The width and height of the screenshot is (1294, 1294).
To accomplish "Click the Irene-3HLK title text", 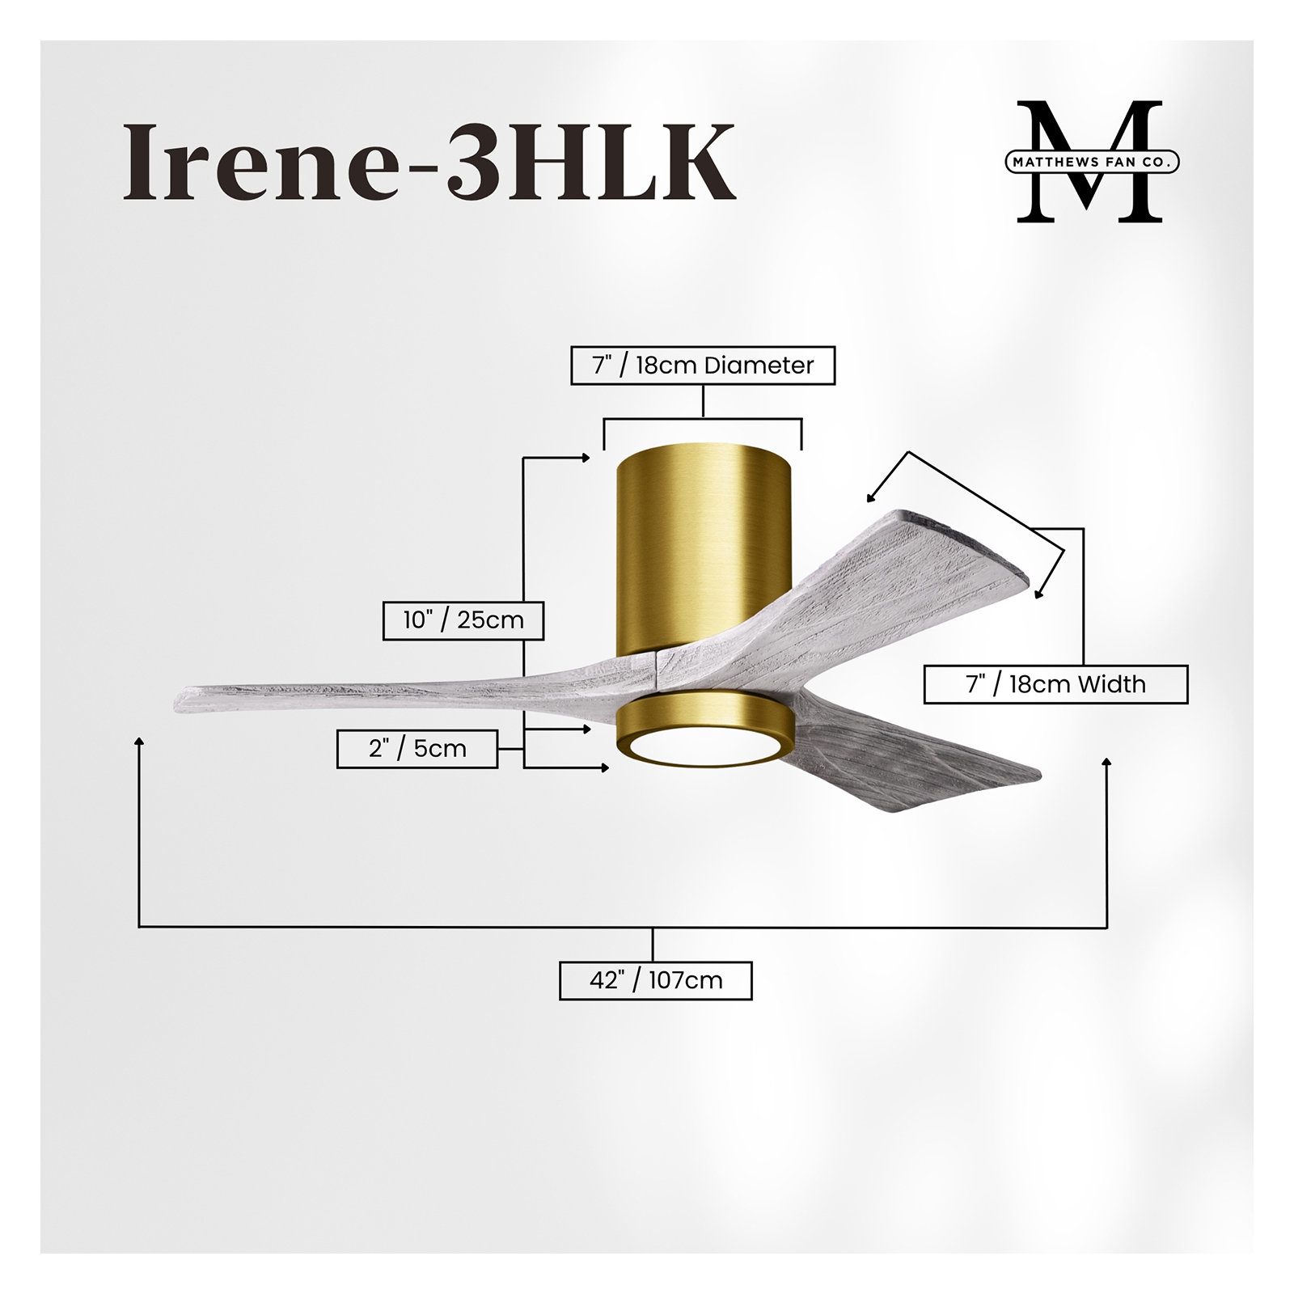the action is click(429, 162).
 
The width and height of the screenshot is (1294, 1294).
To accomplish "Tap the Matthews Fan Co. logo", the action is click(1091, 162).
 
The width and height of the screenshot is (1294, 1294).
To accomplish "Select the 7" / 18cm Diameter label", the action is click(703, 366).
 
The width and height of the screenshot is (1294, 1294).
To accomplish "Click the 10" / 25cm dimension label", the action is click(463, 620).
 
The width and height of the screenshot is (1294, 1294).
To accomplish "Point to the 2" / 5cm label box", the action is click(417, 748).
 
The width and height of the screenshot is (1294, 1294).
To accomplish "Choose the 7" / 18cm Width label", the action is click(1055, 684).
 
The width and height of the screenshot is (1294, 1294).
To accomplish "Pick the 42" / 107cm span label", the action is click(656, 981).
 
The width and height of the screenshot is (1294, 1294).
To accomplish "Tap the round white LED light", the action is click(703, 748).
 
